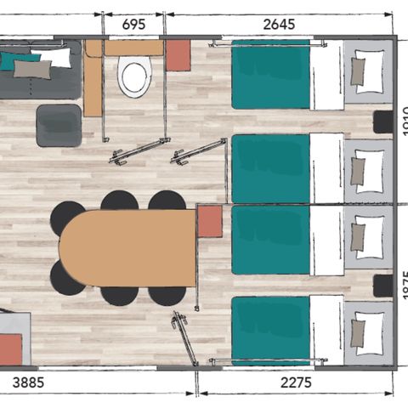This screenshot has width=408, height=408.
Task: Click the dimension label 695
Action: pos(133,25)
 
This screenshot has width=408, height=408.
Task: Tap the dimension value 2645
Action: pos(279,25)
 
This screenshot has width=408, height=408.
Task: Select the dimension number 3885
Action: pos(31,384)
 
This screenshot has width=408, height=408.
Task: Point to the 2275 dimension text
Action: pos(296,384)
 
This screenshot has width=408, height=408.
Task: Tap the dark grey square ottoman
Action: pos(59,125)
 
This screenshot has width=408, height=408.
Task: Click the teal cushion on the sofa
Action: pos(17,61)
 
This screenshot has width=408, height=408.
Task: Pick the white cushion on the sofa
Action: pos(54,57)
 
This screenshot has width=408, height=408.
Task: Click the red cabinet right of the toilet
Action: pos(178,55)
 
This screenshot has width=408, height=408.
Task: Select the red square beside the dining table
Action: pos(209,222)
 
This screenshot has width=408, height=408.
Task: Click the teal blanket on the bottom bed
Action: pos(270,331)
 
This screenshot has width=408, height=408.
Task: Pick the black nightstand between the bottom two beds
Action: pos(383,286)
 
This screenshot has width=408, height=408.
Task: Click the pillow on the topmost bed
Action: pos(369,69)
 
